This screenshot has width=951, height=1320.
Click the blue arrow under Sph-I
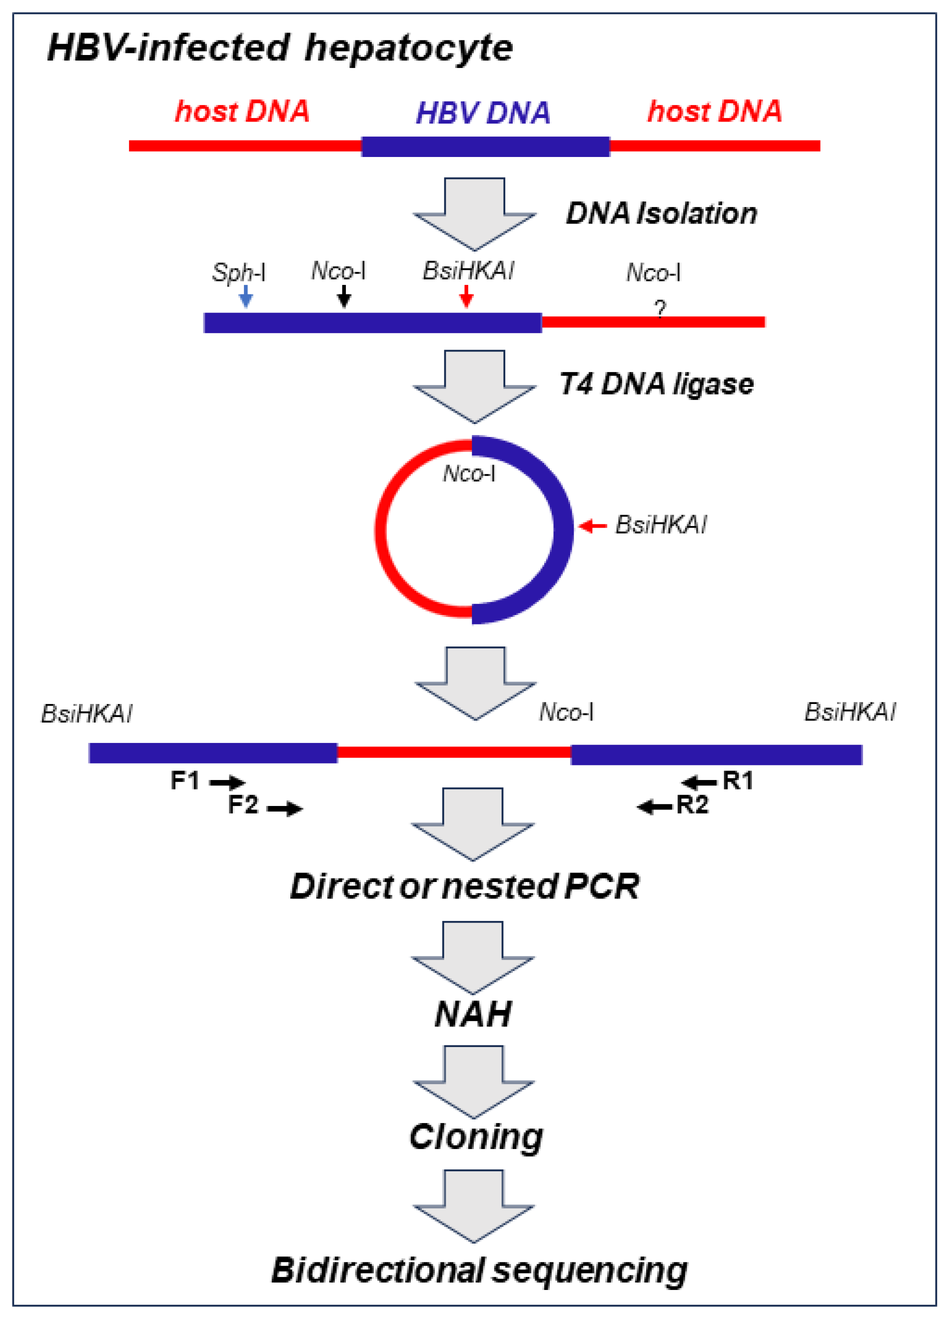pyautogui.click(x=246, y=295)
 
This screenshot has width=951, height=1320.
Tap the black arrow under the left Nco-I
pyautogui.click(x=344, y=295)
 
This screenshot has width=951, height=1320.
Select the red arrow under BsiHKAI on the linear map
pyautogui.click(x=466, y=295)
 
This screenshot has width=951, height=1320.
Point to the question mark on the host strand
pyautogui.click(x=660, y=308)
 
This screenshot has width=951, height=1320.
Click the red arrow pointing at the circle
pyautogui.click(x=593, y=526)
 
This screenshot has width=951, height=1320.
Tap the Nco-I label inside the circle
pyautogui.click(x=469, y=474)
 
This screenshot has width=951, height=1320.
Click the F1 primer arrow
pyautogui.click(x=227, y=782)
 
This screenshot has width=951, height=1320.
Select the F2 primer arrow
pyautogui.click(x=284, y=808)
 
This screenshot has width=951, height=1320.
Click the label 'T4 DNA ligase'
pyautogui.click(x=656, y=384)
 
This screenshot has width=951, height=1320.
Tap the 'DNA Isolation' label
pyautogui.click(x=661, y=213)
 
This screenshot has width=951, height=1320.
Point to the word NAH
pyautogui.click(x=473, y=1014)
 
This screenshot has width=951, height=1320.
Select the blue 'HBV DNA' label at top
pyautogui.click(x=483, y=113)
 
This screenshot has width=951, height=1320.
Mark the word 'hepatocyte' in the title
pyautogui.click(x=408, y=48)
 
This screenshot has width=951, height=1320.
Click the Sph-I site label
pyautogui.click(x=238, y=272)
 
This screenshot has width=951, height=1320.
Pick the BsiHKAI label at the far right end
pyautogui.click(x=850, y=712)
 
